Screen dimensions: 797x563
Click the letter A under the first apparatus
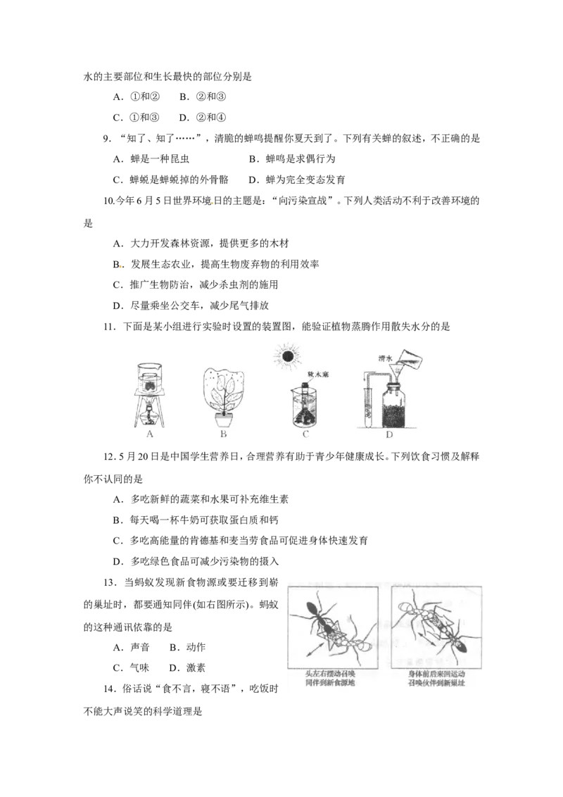click(x=150, y=435)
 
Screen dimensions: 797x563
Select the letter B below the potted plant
click(x=223, y=435)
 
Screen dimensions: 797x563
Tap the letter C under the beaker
click(x=305, y=435)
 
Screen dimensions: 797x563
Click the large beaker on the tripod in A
click(x=149, y=378)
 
